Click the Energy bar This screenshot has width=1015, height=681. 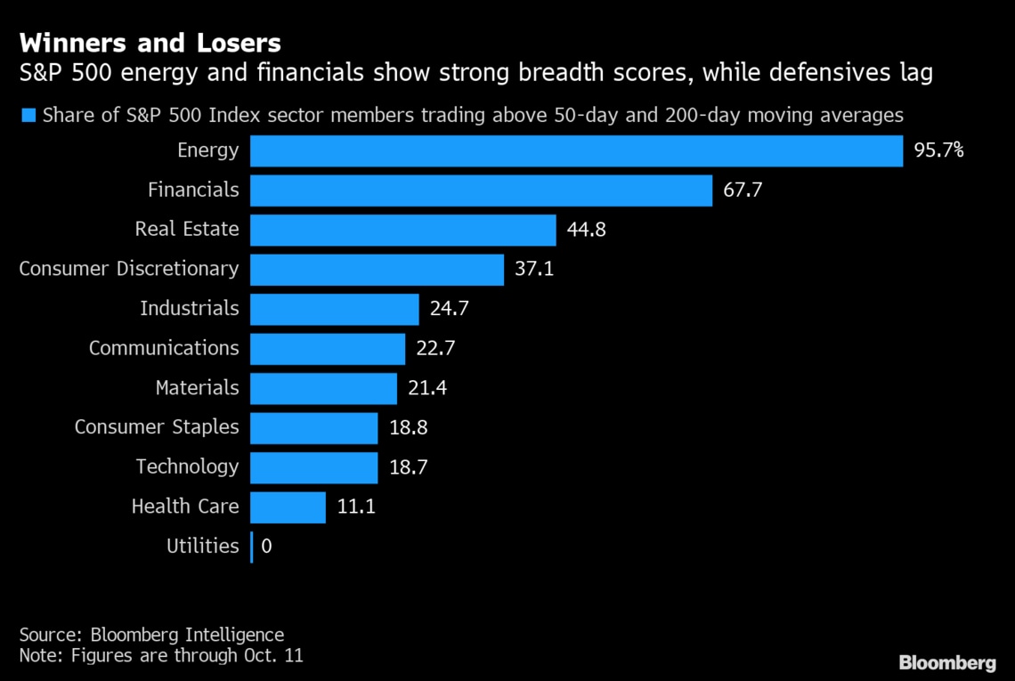[x=576, y=150]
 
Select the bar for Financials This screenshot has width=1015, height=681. [x=481, y=190]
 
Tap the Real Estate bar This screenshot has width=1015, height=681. [x=402, y=230]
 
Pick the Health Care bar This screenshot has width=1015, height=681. [x=288, y=507]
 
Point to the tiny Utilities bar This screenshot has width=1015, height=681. [x=252, y=547]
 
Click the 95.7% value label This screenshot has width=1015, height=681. [x=938, y=150]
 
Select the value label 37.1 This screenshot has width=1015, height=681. [x=534, y=269]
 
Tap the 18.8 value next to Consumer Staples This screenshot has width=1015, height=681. [x=409, y=427]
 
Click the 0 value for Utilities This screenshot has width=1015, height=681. [x=267, y=547]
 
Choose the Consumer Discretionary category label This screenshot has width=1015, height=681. [x=129, y=269]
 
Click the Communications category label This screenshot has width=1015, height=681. [x=164, y=348]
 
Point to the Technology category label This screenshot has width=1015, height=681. [x=187, y=466]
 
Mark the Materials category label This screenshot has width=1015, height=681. [x=197, y=388]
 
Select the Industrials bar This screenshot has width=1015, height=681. [x=334, y=309]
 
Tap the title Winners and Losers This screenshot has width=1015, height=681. [x=150, y=43]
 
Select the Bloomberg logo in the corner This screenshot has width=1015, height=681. [x=947, y=662]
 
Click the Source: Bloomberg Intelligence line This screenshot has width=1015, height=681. [x=151, y=635]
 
